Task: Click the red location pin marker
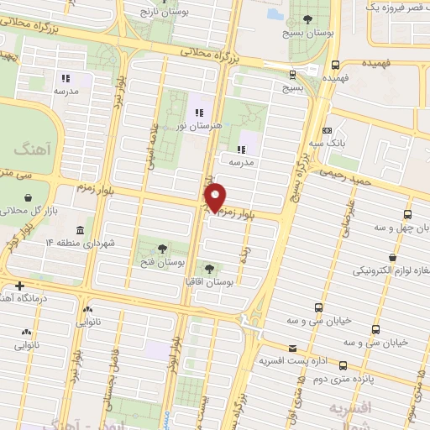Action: click(217, 197)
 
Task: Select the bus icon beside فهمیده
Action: click(336, 65)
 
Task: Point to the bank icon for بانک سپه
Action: click(327, 130)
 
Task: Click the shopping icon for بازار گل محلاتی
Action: click(29, 197)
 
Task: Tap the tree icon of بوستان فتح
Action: click(162, 248)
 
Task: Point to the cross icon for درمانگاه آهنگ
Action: click(20, 286)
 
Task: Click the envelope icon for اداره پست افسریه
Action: click(291, 349)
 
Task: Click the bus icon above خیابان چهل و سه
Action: click(408, 214)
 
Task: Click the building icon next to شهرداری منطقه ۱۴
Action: click(79, 230)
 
